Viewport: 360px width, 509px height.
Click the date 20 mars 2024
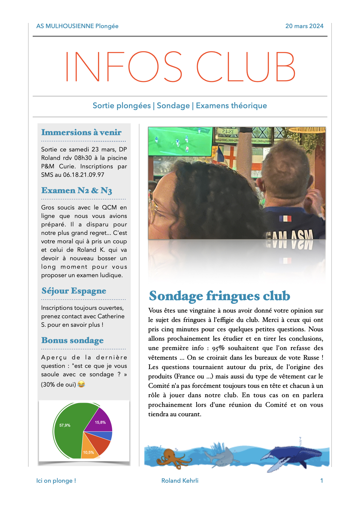point(304,26)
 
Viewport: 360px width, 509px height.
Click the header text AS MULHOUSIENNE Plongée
point(77,26)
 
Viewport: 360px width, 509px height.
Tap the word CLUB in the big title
point(246,67)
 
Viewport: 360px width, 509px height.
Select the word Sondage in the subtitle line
point(173,105)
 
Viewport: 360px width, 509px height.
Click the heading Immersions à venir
point(81,132)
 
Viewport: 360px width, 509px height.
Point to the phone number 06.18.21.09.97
point(83,175)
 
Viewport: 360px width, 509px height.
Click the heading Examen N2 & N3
point(77,190)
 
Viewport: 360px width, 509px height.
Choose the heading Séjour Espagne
point(74,291)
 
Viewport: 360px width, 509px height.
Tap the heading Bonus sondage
point(72,340)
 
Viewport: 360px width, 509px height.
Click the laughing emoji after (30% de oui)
point(81,384)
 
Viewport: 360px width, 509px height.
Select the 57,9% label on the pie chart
point(65,425)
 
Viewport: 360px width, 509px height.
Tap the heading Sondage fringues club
point(219,296)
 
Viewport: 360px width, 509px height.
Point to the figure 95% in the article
point(218,348)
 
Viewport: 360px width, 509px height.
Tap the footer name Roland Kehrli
point(180,481)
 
